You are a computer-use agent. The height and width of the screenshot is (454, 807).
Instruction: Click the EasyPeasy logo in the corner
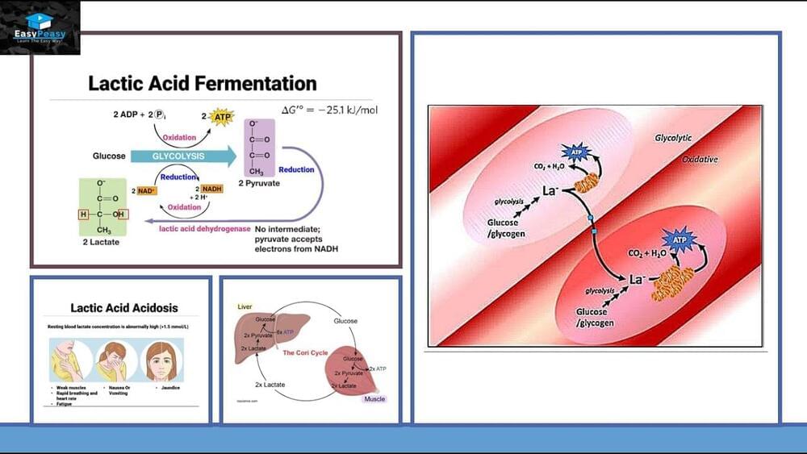(x=40, y=27)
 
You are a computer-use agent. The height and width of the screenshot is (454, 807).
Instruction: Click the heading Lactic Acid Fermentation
(x=202, y=84)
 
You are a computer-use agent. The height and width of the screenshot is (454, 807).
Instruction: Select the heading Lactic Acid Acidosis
(x=124, y=308)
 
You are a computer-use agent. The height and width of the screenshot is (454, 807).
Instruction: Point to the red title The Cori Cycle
(x=303, y=353)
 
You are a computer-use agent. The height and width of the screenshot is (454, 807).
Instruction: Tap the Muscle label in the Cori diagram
(x=374, y=398)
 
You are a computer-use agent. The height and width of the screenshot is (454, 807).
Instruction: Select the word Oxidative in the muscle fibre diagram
(x=700, y=160)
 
